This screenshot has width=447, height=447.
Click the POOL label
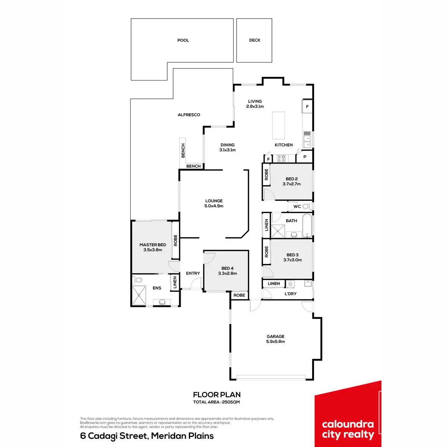click(183, 40)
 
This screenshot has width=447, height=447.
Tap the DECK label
click(255, 40)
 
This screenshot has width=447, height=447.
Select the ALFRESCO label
click(189, 115)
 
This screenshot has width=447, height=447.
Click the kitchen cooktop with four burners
click(281, 159)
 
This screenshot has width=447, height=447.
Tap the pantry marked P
click(305, 157)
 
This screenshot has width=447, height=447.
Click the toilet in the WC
click(306, 206)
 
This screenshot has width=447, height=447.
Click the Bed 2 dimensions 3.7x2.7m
click(292, 184)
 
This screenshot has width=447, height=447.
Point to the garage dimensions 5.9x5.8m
click(276, 342)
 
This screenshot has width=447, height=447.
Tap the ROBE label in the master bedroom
click(175, 240)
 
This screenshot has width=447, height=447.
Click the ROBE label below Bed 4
click(240, 295)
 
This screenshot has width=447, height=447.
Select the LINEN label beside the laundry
click(274, 284)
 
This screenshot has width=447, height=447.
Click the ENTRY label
click(193, 273)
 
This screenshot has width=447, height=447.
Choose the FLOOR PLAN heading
click(217, 394)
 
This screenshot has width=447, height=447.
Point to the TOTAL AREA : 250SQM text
click(216, 402)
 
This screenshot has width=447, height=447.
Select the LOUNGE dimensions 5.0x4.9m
click(214, 206)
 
